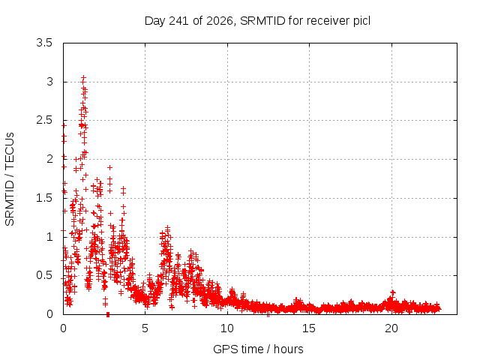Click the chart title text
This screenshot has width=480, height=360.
257,21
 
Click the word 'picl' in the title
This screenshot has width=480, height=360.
361,21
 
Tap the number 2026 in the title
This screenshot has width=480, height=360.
219,21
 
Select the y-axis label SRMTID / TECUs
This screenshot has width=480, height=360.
10,179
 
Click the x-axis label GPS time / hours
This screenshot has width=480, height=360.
258,349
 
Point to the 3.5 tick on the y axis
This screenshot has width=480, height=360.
44,43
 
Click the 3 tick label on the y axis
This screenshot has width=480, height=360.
49,82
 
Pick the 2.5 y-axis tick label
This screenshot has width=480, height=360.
44,120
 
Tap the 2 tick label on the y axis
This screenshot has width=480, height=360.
49,159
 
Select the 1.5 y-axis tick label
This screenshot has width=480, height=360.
44,198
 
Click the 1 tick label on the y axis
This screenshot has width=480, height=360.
49,237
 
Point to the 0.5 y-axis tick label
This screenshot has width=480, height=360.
44,275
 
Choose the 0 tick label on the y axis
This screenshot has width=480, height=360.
49,314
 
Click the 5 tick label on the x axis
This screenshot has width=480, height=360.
145,328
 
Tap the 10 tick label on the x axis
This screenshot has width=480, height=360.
227,328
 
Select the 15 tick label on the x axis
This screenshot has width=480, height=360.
309,328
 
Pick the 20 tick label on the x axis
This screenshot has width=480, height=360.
391,328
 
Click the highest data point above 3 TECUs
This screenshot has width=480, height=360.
83,78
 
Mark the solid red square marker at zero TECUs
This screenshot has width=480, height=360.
108,314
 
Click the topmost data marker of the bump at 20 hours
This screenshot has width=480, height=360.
393,292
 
